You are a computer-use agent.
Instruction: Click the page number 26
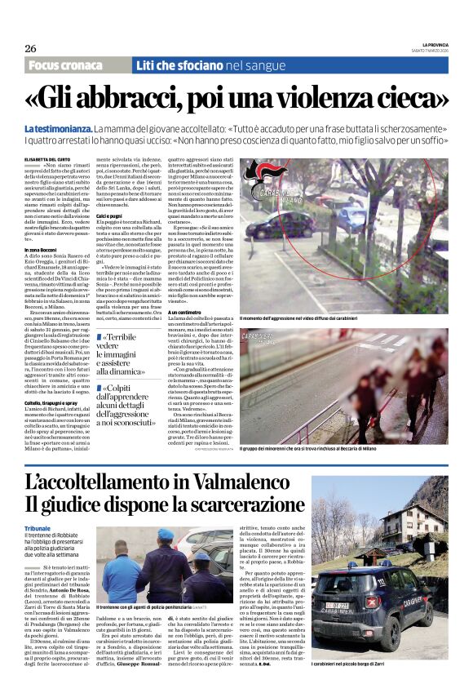30,48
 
